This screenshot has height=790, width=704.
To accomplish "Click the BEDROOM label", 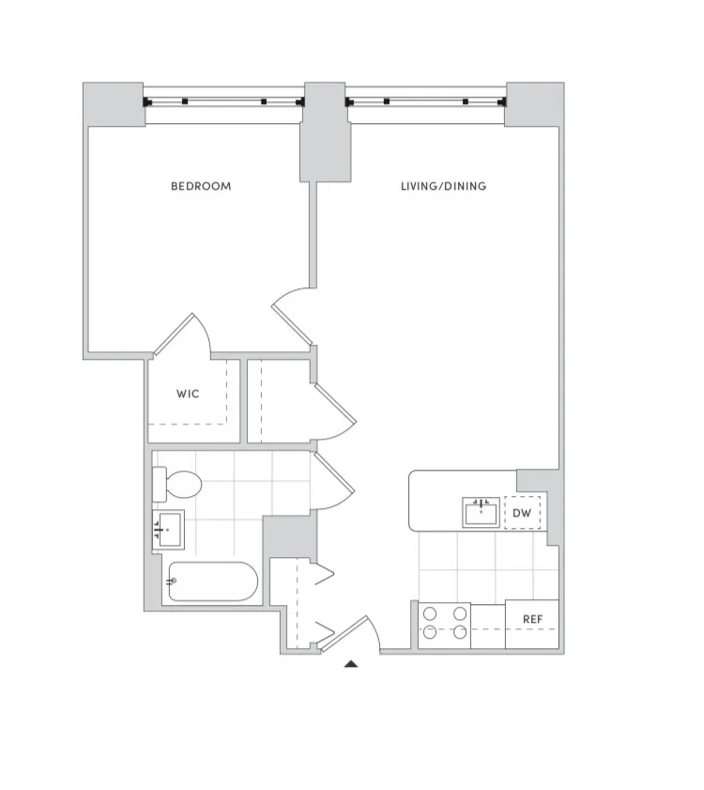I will coord(200,186).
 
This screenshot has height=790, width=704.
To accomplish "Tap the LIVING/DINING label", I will coord(443,186).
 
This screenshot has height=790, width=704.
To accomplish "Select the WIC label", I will coord(188,394).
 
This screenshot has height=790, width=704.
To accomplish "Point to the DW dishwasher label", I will coord(522,513).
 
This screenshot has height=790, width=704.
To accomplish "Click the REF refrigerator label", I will coord(532,620).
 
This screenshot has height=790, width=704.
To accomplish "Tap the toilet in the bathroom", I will coord(179,485).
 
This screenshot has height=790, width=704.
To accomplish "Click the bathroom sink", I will coord(169,531).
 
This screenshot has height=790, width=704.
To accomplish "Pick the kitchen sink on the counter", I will coord(481,513).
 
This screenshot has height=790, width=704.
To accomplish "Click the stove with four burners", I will coord(443,623).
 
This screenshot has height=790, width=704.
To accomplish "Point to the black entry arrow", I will coord(351,664).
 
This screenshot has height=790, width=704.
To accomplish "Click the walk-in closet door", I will coord(183,335).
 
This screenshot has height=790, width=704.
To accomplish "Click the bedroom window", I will coord(223,101).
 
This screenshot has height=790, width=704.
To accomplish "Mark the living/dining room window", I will coord(426,101).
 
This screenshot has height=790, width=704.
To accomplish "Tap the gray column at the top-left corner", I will coord(114,104).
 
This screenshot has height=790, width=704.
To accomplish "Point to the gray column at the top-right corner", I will coord(534,104).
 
